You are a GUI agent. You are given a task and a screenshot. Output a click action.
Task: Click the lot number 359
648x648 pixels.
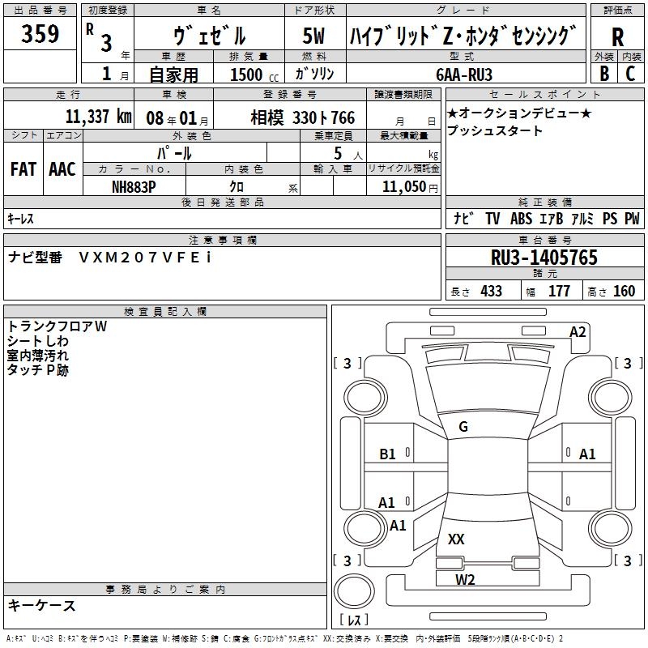point(40,36)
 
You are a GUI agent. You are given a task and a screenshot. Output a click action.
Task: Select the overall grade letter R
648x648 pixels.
point(617,37)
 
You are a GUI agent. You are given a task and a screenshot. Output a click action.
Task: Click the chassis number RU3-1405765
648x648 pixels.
point(544,258)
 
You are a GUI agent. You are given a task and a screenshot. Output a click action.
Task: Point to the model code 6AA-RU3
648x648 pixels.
point(464,74)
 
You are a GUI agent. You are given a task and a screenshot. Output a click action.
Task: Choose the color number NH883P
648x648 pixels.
point(134,185)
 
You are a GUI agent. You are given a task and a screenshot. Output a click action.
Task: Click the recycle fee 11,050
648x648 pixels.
point(403,185)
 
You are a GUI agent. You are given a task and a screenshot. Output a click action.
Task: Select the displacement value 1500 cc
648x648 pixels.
point(248,75)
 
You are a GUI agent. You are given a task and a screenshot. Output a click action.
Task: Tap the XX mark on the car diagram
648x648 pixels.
point(456,539)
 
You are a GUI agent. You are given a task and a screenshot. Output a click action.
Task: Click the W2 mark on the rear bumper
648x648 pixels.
point(465,578)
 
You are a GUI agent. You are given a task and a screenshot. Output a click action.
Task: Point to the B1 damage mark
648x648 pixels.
point(388,454)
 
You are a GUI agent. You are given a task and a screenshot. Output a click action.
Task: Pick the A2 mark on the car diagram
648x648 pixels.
point(578,331)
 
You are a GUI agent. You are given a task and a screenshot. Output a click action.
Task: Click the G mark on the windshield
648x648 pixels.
point(463,427)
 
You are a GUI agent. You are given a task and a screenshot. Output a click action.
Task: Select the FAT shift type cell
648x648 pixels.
point(23,169)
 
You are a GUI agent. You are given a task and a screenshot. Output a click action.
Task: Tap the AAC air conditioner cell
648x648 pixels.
point(62,169)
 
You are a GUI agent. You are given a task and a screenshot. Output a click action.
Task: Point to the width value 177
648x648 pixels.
point(559,291)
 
